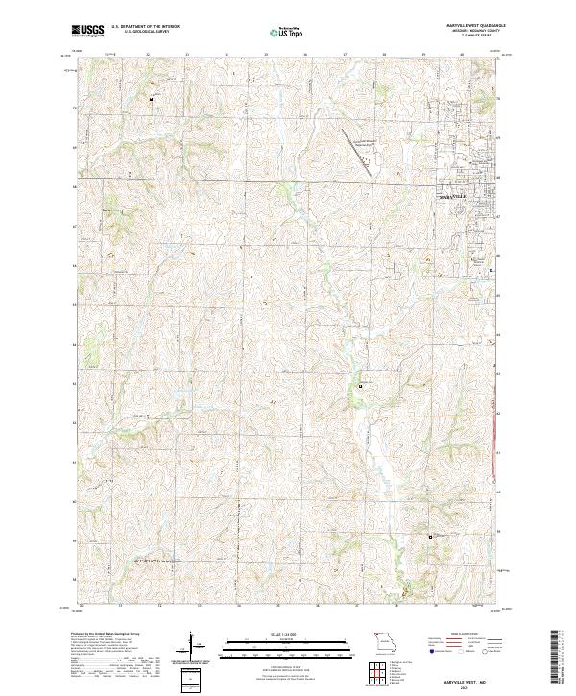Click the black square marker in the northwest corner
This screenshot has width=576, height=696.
(x=151, y=98)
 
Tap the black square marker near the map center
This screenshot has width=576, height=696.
(x=361, y=386)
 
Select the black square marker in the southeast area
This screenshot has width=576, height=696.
(x=430, y=536)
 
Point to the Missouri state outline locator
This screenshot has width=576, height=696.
(x=383, y=639)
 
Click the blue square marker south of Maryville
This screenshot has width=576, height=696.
(x=492, y=270)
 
